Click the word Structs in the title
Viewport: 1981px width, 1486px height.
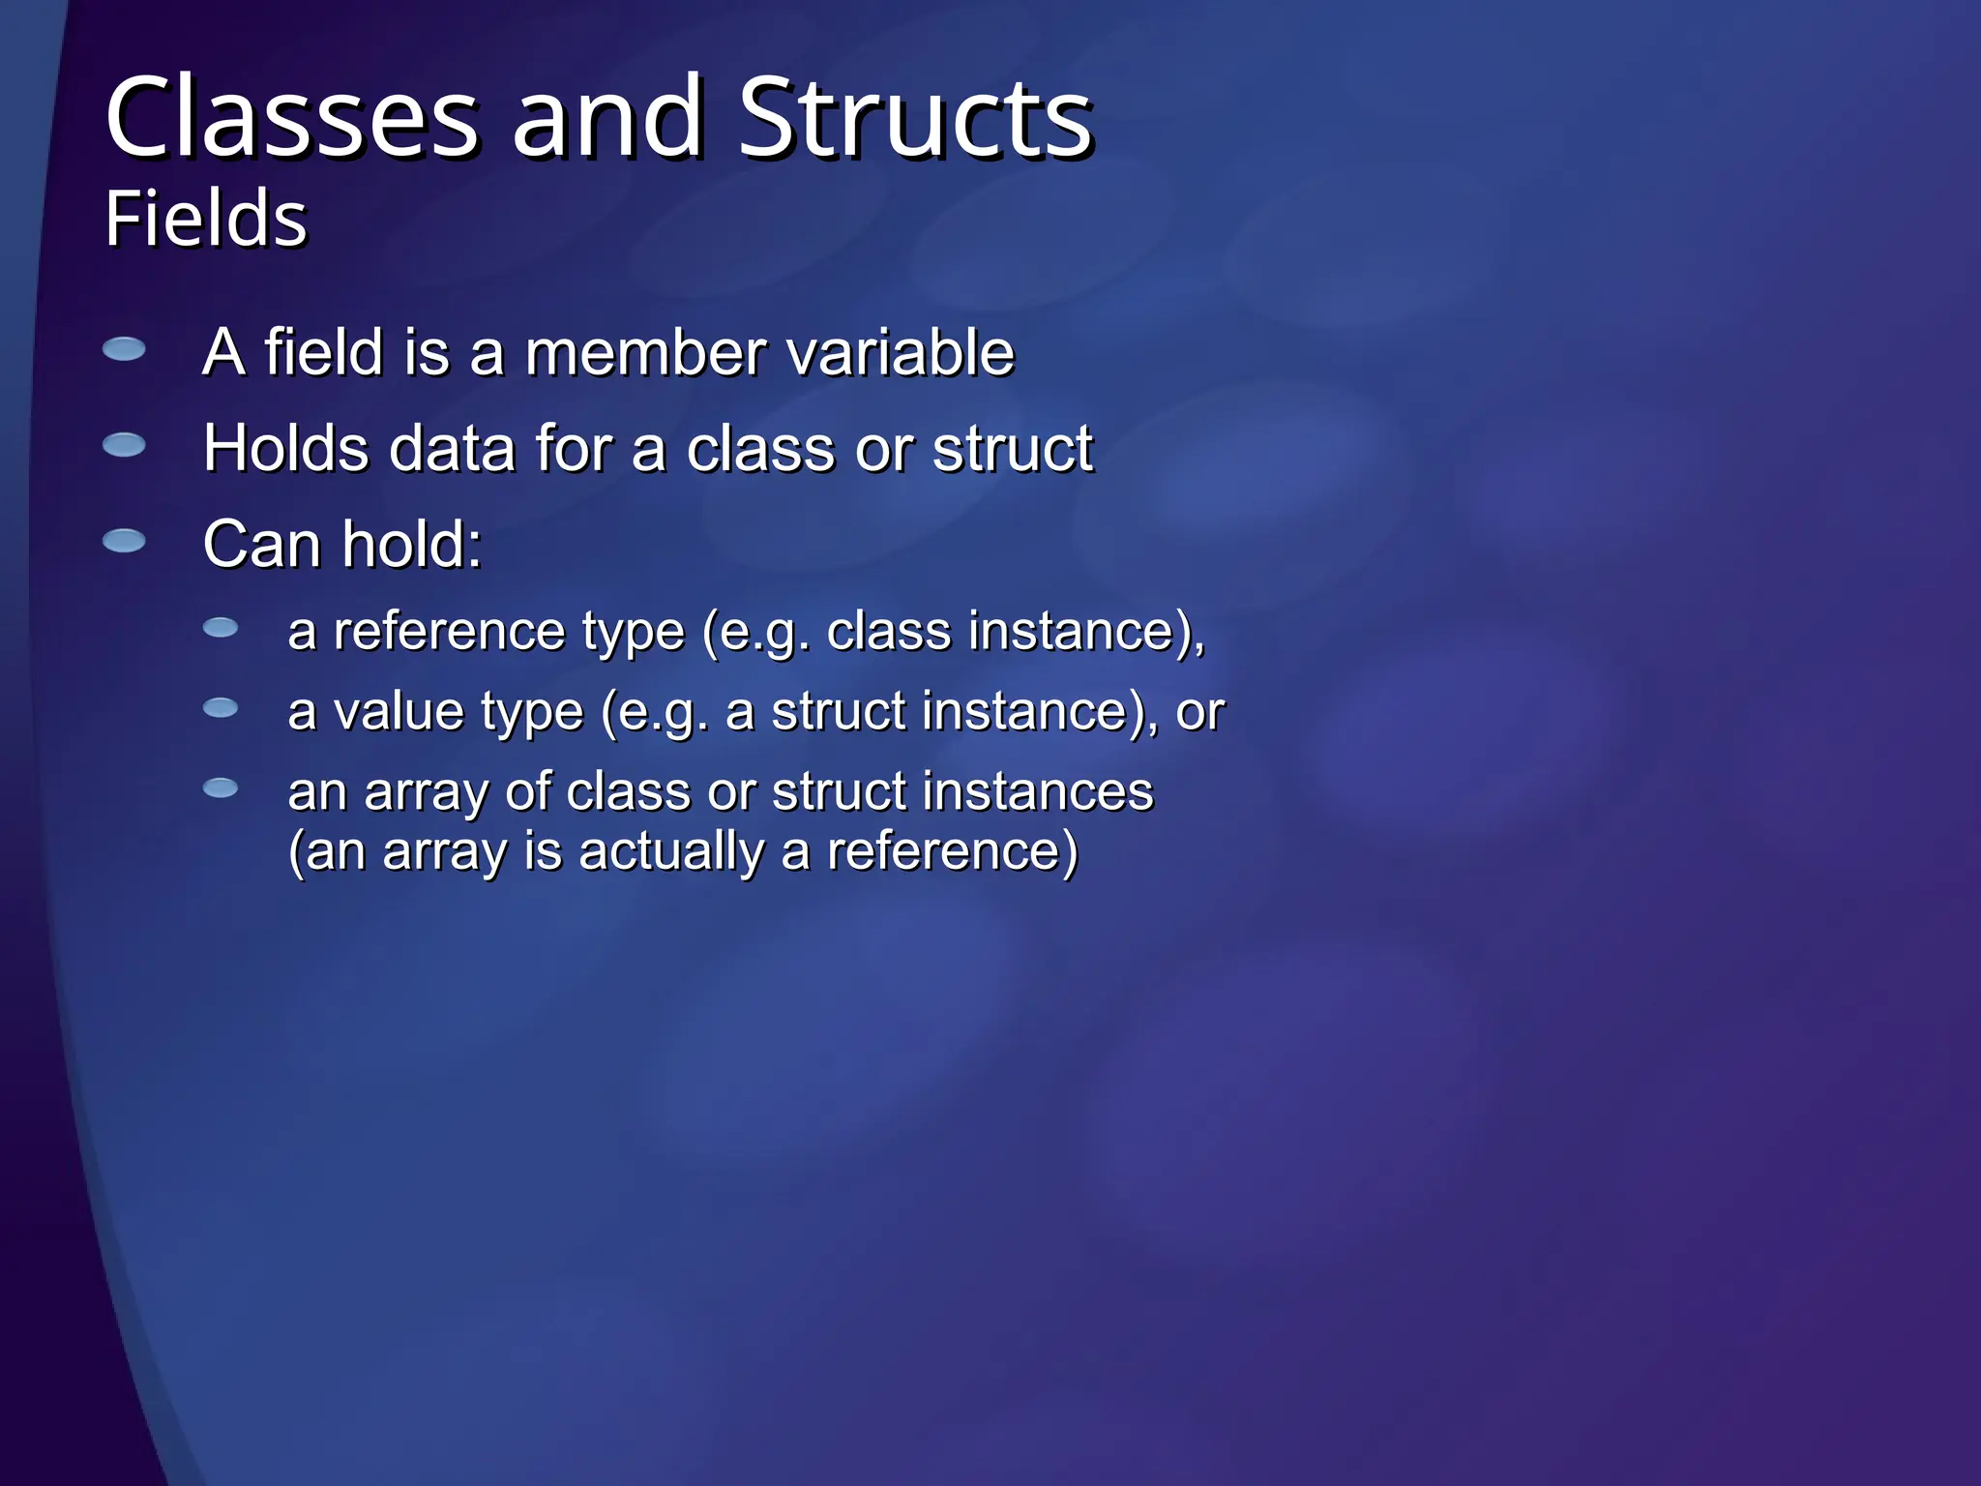tap(915, 118)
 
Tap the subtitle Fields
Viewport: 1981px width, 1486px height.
tap(205, 219)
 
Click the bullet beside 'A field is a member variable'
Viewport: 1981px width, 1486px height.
tap(124, 349)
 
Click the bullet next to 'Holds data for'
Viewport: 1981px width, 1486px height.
tap(124, 445)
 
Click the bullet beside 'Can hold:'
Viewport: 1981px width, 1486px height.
tap(124, 540)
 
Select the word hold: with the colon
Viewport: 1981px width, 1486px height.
tap(411, 544)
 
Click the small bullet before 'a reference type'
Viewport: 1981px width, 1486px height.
tap(221, 629)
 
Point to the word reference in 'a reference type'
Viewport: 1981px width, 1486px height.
tap(449, 632)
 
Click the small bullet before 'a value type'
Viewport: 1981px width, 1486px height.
tap(221, 709)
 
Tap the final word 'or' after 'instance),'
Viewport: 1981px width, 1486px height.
tap(1199, 712)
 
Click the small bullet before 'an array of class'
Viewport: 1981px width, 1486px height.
tap(221, 788)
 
